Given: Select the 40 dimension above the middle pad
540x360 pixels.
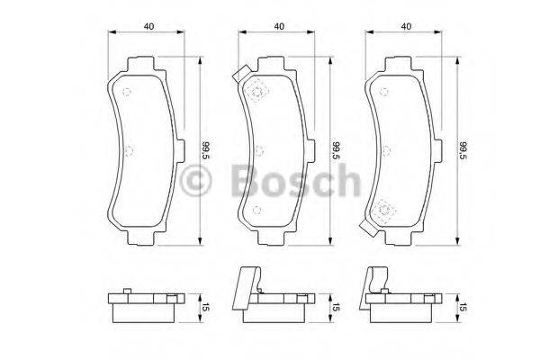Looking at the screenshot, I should pos(280,27).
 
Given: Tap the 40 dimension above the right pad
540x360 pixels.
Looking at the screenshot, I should pos(408,27).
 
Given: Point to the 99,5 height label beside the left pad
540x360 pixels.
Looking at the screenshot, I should pos(205,150).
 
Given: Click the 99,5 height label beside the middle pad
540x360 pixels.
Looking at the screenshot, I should pos(336,150).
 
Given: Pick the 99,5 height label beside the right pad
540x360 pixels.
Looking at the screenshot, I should pos(463,150).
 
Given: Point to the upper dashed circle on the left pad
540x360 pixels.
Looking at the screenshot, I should pos(127,91).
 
